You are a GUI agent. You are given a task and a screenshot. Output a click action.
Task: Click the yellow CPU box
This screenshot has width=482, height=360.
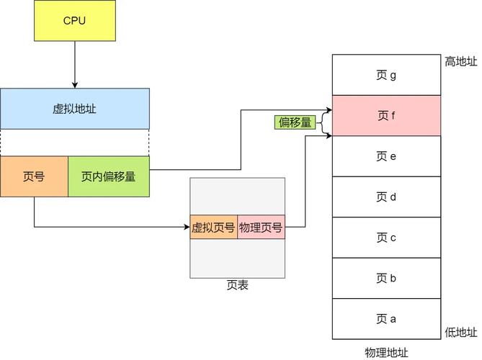(x=74, y=20)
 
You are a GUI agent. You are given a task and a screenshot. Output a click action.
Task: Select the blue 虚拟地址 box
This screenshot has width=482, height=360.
(x=74, y=109)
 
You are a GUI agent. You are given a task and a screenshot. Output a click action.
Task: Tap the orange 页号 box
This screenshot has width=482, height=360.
(x=34, y=176)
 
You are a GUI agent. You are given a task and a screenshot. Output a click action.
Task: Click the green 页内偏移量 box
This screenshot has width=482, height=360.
(x=109, y=176)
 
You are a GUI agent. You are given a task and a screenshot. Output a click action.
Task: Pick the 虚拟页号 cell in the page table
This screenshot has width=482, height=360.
(x=213, y=228)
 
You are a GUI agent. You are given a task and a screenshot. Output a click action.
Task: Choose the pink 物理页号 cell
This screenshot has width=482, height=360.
(x=261, y=228)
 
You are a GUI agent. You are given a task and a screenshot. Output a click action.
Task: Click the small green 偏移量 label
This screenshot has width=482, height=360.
(x=295, y=122)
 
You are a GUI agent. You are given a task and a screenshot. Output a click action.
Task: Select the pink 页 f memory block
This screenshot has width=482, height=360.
(x=386, y=115)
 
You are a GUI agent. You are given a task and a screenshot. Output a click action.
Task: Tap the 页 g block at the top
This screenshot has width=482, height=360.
(x=386, y=75)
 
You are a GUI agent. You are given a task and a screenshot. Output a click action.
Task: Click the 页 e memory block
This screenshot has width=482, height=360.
(x=386, y=156)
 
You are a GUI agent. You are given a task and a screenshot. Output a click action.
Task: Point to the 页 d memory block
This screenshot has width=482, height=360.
(x=386, y=197)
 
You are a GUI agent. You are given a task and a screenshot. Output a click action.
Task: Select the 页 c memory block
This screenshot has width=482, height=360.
(x=386, y=238)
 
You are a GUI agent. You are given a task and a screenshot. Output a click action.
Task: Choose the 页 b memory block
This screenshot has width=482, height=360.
(x=386, y=278)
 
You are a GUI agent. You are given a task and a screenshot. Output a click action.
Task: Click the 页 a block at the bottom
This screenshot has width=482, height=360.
(x=386, y=319)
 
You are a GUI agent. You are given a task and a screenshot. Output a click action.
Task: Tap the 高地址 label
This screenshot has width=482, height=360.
(x=460, y=62)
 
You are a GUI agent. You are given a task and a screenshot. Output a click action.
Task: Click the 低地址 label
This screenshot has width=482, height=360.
(x=460, y=332)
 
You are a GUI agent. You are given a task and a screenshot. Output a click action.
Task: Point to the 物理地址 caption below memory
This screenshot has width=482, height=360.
(x=386, y=352)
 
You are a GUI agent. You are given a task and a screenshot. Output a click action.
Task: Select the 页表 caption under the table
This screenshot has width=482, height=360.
(x=237, y=285)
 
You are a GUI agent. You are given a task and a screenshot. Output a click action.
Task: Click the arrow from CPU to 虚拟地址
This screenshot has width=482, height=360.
(x=74, y=64)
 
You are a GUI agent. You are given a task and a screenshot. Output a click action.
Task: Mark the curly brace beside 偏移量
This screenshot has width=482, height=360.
(x=322, y=122)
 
